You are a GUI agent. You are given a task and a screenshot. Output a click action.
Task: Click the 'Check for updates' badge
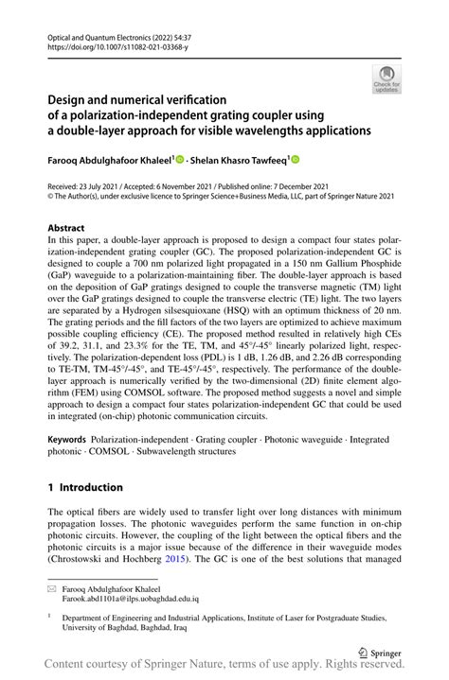click(386, 78)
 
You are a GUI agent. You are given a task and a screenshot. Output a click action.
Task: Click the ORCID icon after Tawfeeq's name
click(295, 160)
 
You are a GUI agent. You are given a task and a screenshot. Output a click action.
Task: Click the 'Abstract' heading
click(65, 229)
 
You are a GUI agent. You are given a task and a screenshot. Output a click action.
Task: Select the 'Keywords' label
click(67, 442)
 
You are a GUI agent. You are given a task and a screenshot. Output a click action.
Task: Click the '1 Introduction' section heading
click(85, 487)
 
